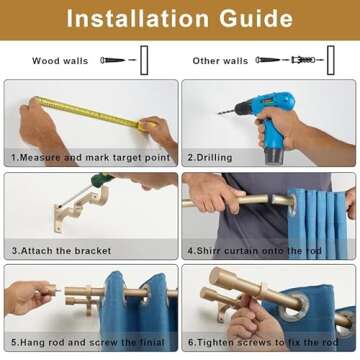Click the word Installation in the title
point(138,19)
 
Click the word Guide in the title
point(256,19)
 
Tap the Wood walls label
point(60,61)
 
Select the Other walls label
point(220,61)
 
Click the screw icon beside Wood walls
point(113,60)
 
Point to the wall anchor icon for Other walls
point(303,60)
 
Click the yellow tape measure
point(93,113)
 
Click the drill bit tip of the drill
point(219,114)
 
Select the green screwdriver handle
point(102,179)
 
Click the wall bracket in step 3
point(82,208)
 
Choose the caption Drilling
point(210,158)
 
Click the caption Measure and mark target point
point(91,158)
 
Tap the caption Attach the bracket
point(61,251)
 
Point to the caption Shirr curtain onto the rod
point(254,251)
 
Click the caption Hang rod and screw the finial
point(88,342)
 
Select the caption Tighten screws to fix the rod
point(263,342)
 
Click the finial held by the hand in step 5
point(53,289)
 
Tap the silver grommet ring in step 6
point(294,308)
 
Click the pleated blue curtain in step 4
point(317,223)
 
